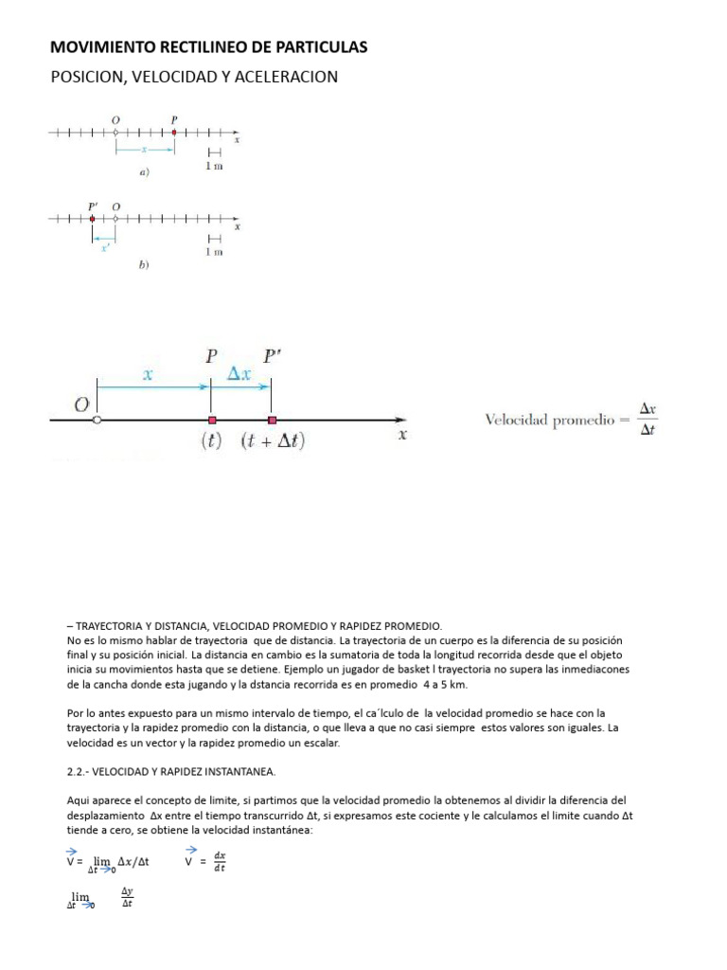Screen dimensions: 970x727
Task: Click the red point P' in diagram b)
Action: (x=92, y=219)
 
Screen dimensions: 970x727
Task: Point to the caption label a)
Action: (x=144, y=172)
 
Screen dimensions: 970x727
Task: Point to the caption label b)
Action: (x=144, y=266)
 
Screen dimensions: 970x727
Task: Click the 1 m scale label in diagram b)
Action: (x=214, y=252)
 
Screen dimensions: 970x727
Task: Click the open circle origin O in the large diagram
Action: (x=98, y=420)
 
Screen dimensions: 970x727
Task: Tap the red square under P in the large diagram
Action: (x=212, y=420)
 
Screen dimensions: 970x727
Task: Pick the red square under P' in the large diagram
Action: (x=273, y=420)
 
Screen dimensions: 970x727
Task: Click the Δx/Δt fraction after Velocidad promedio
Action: (x=648, y=420)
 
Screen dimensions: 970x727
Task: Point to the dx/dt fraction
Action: (x=220, y=863)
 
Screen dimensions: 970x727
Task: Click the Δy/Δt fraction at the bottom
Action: (x=127, y=896)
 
